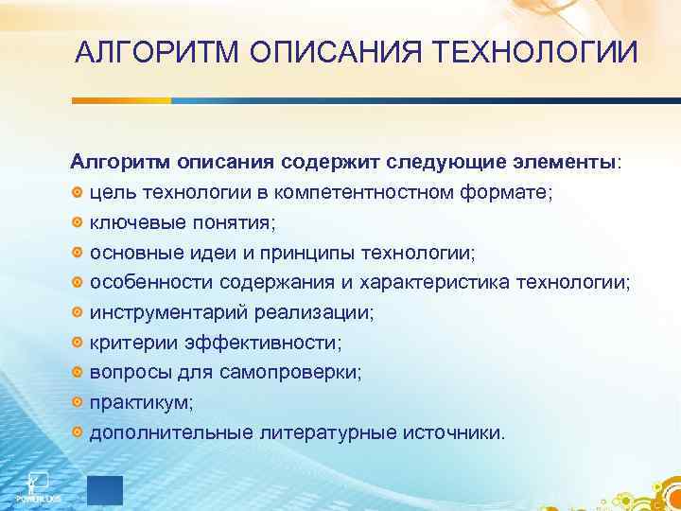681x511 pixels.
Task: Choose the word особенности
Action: pos(151,283)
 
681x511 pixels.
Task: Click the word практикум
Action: pos(140,403)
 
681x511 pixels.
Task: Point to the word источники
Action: pos(459,433)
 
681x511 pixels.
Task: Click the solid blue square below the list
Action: pos(105,489)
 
